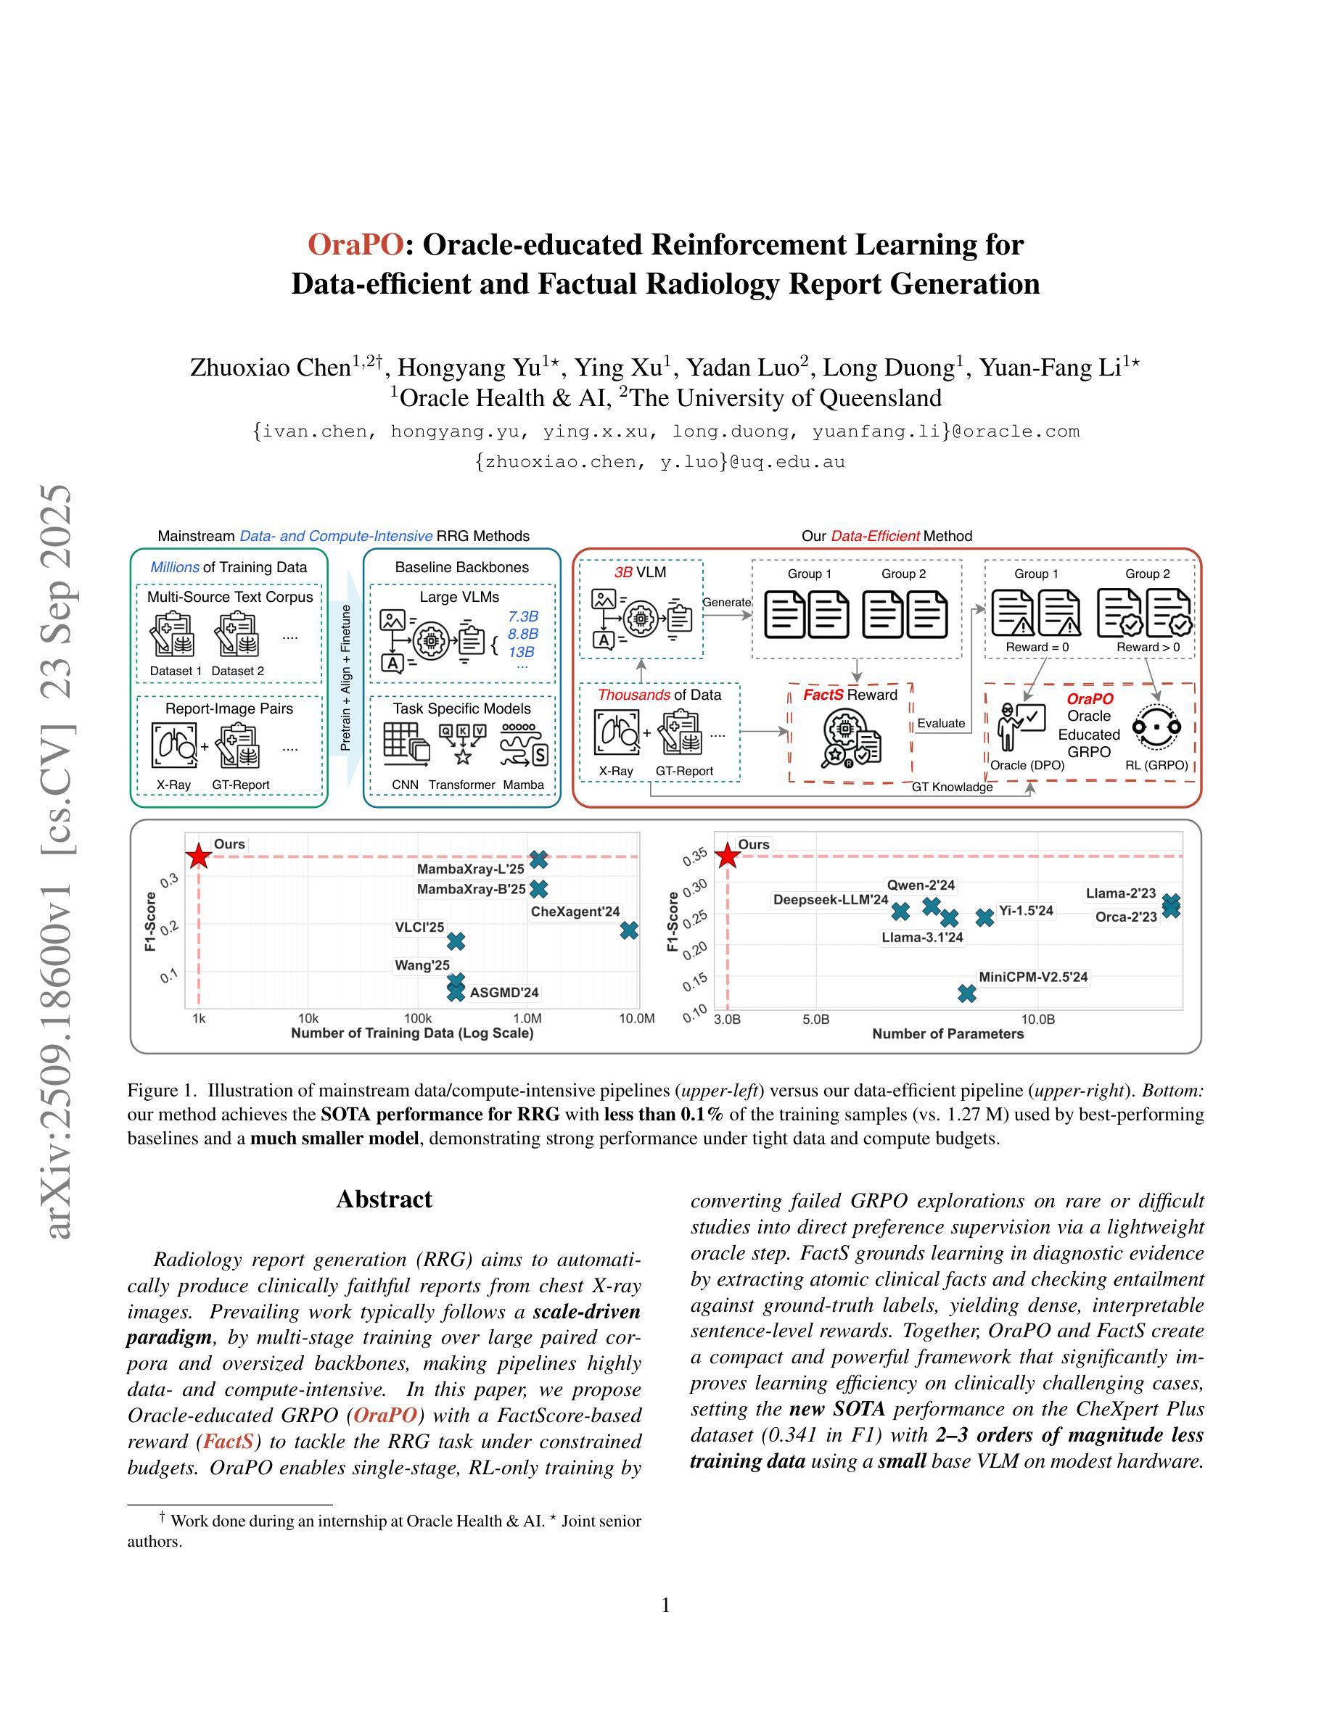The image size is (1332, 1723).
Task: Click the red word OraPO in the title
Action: tap(355, 244)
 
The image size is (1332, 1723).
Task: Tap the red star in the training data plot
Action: tap(198, 856)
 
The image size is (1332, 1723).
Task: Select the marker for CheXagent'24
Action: tap(629, 931)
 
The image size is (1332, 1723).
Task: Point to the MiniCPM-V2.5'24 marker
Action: tap(966, 993)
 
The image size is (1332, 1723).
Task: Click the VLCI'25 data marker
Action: tap(456, 941)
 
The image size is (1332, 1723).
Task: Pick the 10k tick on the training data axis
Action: tap(308, 1018)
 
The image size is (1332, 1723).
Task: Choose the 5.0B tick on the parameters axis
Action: tap(816, 1020)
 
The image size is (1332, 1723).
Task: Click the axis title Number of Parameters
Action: tap(947, 1034)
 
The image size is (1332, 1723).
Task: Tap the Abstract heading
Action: tap(385, 1200)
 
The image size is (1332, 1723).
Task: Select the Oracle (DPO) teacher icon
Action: tap(1021, 726)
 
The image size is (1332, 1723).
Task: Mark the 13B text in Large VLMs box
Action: tap(521, 652)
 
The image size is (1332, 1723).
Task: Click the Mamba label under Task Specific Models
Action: tap(523, 784)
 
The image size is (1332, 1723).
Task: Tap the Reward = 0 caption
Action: tap(1037, 647)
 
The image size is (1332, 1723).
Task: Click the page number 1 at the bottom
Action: tap(665, 1605)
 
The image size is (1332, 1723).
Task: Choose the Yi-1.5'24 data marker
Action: tap(984, 917)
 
